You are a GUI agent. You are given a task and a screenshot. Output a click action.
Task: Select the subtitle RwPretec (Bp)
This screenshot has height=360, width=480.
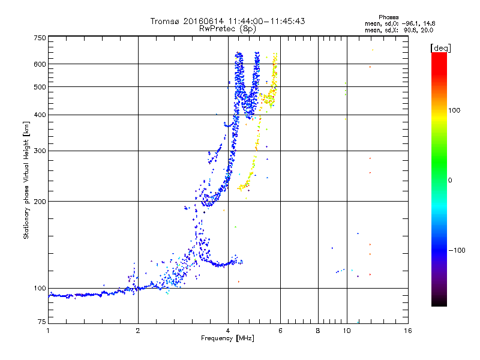click(x=228, y=28)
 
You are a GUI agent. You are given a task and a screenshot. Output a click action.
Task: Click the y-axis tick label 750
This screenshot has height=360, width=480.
click(x=40, y=37)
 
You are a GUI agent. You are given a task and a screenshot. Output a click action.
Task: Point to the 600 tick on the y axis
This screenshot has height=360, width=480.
click(x=40, y=64)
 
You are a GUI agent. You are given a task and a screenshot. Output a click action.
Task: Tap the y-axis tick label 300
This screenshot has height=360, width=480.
click(x=40, y=151)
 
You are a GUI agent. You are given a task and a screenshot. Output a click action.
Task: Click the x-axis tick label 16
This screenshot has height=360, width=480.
click(x=407, y=331)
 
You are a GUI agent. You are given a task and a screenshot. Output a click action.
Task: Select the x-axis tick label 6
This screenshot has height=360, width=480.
click(x=280, y=331)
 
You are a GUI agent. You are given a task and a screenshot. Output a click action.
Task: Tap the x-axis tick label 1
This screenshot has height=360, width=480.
click(x=48, y=331)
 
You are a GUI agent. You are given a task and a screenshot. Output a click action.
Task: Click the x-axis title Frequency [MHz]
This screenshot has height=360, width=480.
click(x=227, y=339)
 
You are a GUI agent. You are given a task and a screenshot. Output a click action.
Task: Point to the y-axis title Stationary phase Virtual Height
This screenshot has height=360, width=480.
click(x=26, y=180)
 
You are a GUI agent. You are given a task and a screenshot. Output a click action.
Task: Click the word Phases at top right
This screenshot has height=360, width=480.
click(x=388, y=17)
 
